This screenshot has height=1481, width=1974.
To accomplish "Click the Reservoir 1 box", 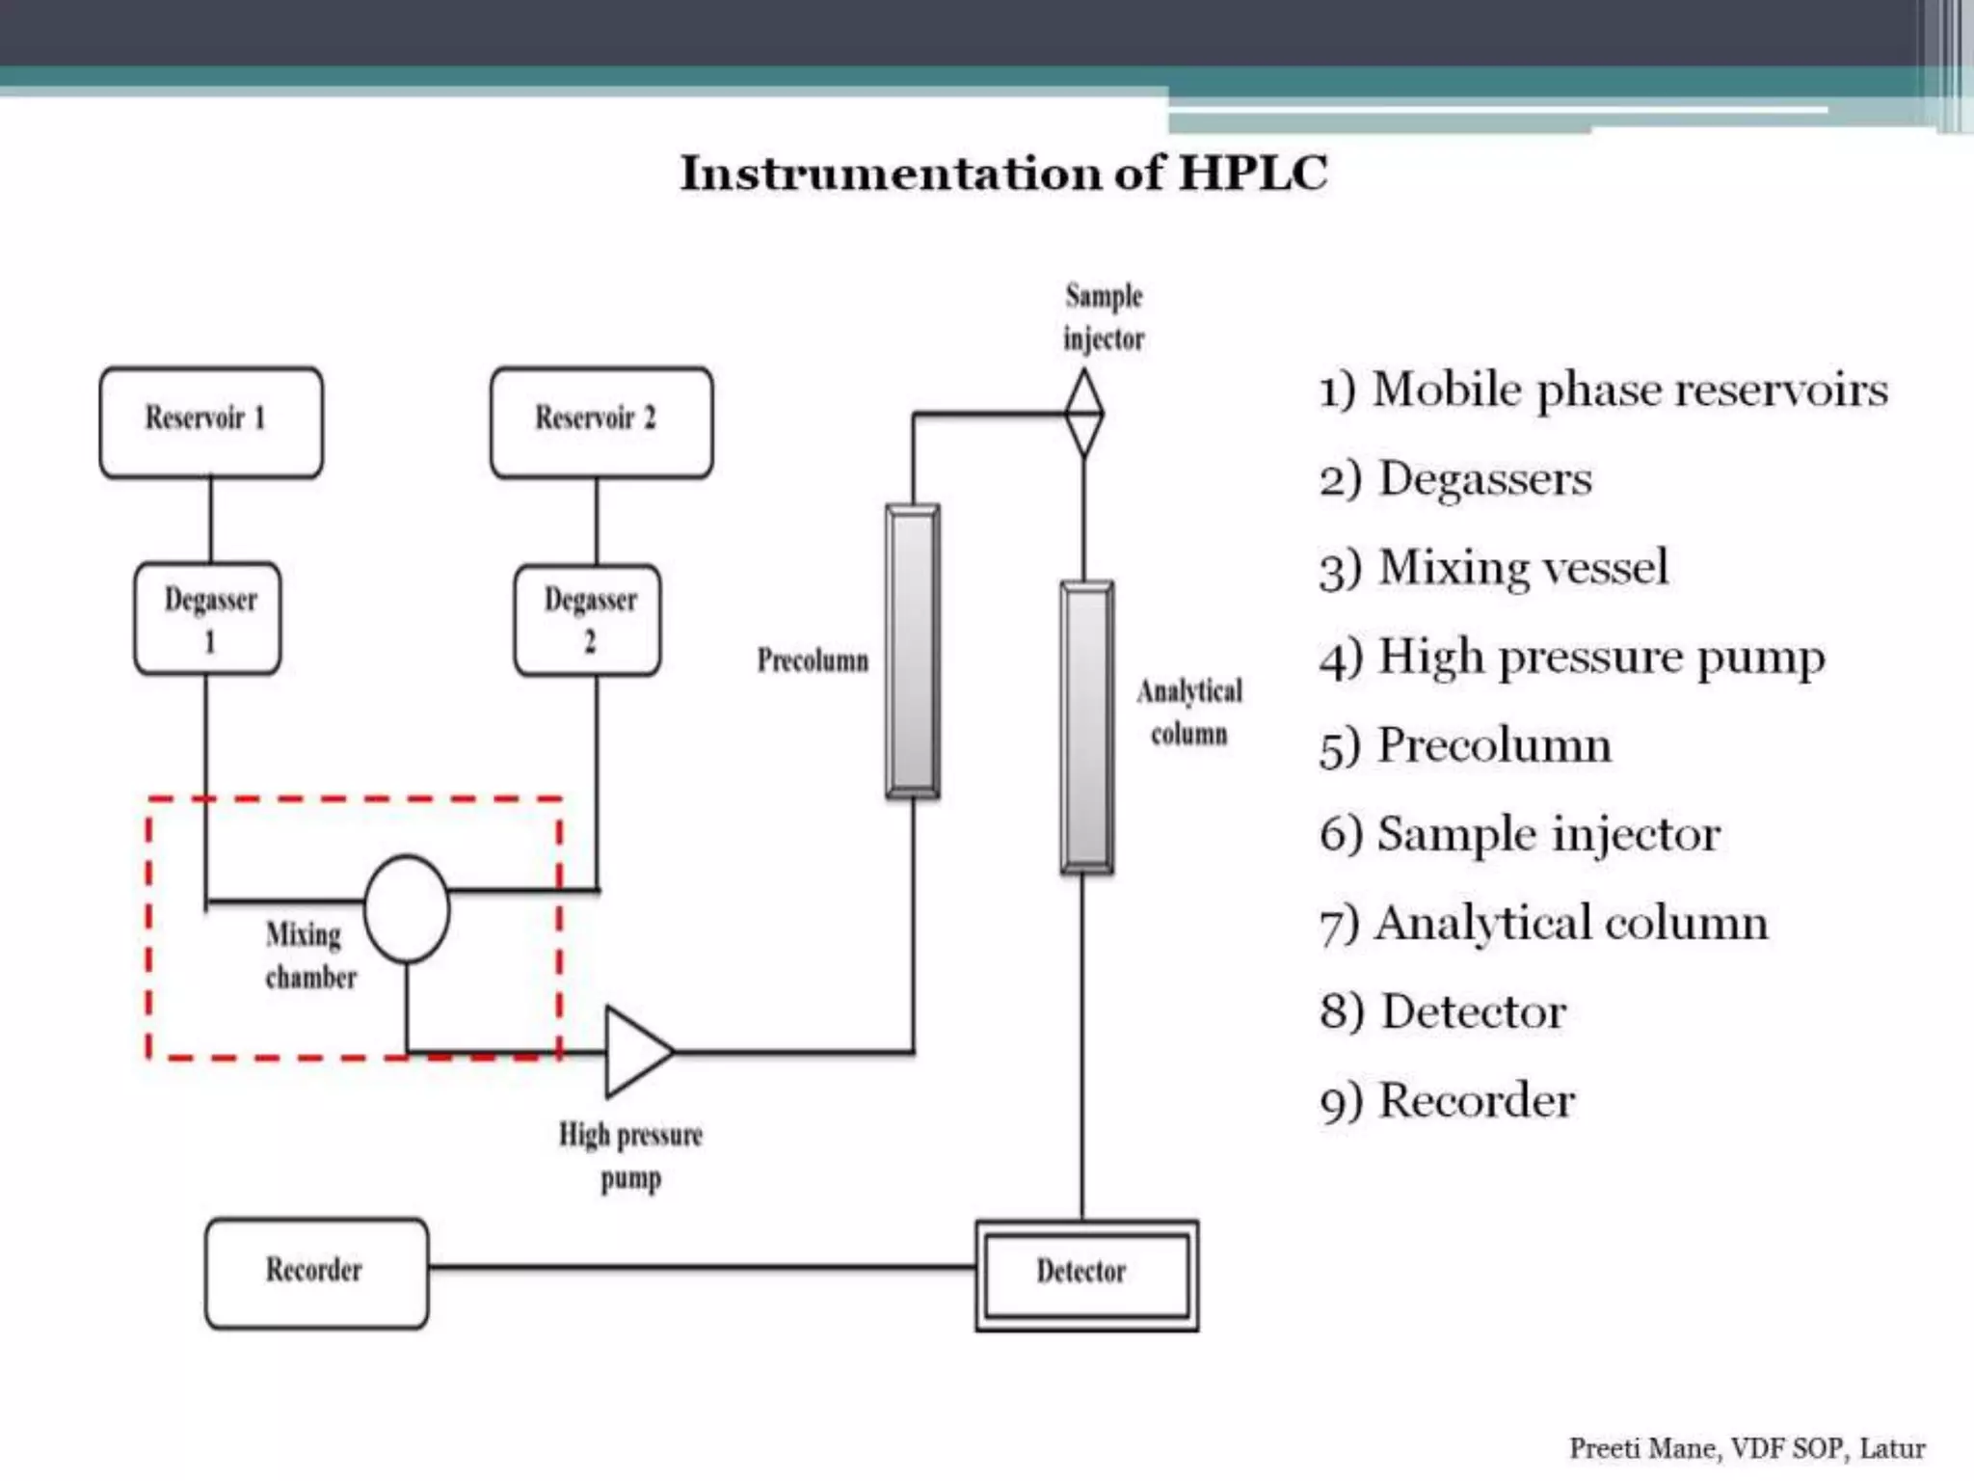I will coord(211,422).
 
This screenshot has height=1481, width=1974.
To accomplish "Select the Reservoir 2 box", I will coord(601,422).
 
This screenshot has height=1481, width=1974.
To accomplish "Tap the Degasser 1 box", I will coord(208,619).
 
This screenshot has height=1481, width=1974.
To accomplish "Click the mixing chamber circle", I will coord(407,908).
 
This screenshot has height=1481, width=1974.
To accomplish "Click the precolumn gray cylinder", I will coord(913,652).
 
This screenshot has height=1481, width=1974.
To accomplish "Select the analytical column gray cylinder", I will coord(1087,728).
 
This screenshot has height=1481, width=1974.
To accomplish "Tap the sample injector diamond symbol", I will coord(1084,414).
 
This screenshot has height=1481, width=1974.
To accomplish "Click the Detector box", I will coord(1086,1275).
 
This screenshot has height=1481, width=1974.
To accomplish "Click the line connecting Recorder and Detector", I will coord(702,1267).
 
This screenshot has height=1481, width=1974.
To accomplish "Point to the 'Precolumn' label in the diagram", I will coord(813,660).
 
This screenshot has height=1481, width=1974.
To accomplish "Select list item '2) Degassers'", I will coord(1455,479).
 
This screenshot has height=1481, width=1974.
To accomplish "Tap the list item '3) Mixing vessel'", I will coord(1493,568).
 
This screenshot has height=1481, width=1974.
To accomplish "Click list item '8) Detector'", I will coord(1443,1012).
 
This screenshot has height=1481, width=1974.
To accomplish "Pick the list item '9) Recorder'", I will coord(1447,1101).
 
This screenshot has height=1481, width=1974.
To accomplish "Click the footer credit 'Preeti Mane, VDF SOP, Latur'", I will coord(1747,1448).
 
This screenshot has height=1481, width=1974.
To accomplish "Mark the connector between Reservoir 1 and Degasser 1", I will coord(211,520).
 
